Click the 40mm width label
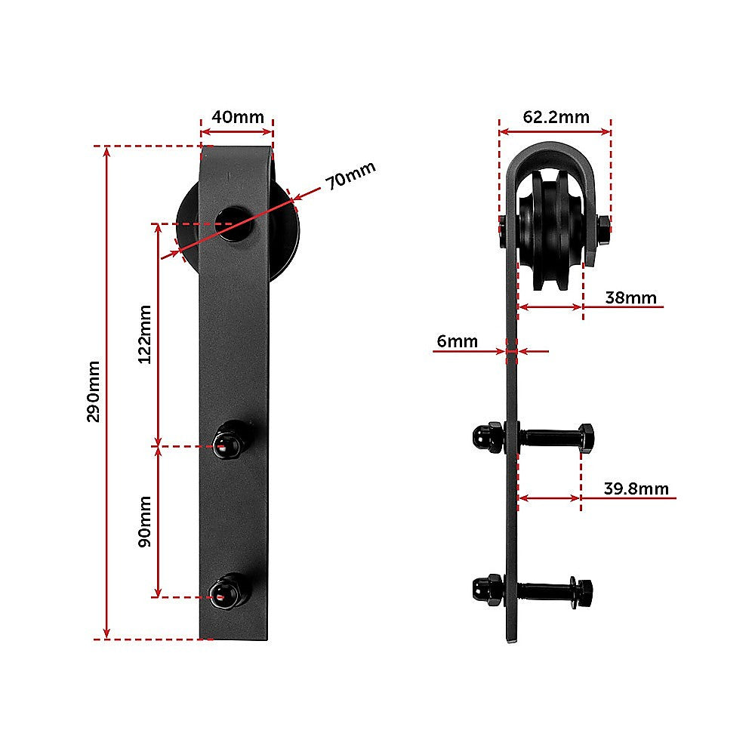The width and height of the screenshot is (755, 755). click(237, 117)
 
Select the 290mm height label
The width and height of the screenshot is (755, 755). click(93, 391)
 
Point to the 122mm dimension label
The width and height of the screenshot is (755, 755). click(144, 334)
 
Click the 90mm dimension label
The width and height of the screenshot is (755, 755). click(144, 521)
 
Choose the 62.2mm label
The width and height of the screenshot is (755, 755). click(556, 117)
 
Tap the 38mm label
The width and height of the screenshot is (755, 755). click(630, 297)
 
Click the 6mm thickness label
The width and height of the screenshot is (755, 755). click(457, 341)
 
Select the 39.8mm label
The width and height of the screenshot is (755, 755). click(636, 488)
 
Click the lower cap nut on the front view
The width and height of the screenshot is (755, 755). click(230, 590)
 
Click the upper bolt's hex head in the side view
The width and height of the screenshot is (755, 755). click(584, 438)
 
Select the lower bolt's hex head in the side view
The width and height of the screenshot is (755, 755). click(582, 589)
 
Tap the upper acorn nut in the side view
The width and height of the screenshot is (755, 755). click(483, 437)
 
